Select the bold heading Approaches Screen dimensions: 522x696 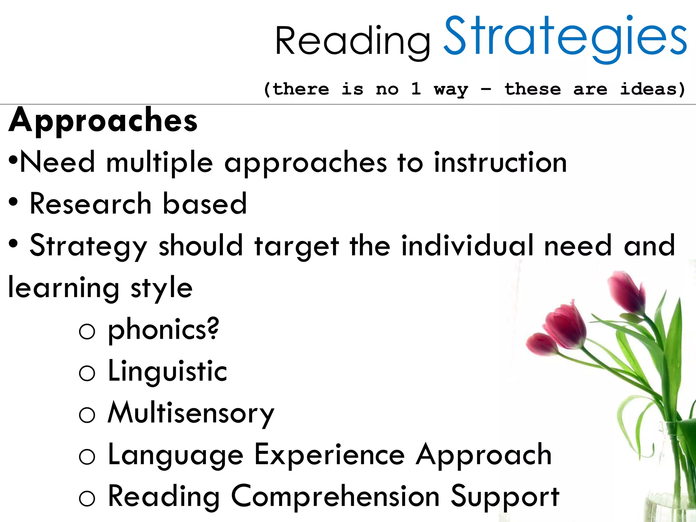[x=103, y=120]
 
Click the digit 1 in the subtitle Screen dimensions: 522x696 [x=416, y=89]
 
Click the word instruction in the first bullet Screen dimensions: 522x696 [x=500, y=162]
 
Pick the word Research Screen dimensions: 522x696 [x=90, y=204]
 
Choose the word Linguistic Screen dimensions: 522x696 [x=167, y=371]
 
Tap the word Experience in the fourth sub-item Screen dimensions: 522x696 [x=329, y=455]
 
